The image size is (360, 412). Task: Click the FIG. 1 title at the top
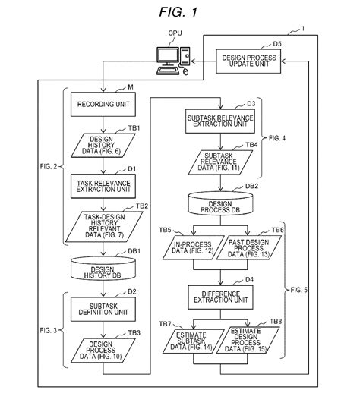click(x=180, y=12)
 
